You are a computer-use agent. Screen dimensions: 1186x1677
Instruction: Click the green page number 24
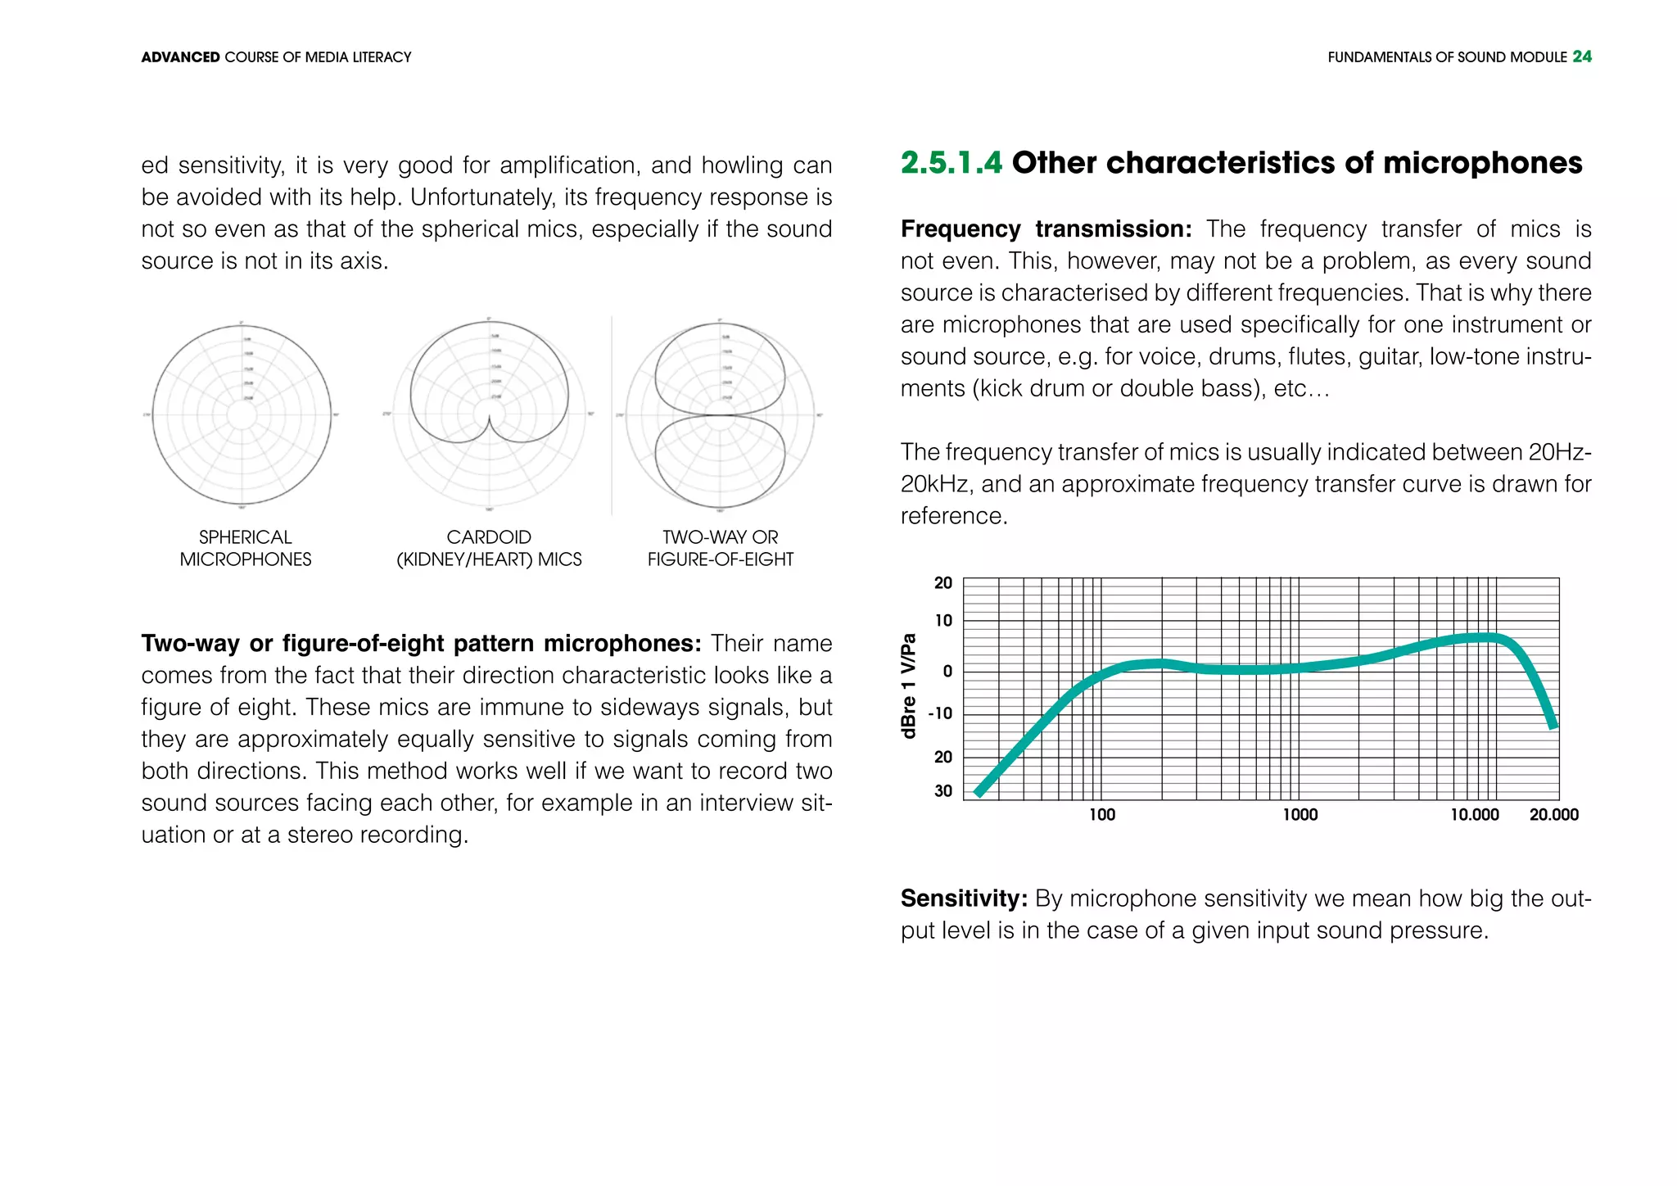click(1581, 57)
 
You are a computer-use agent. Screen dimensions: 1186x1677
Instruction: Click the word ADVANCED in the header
click(180, 57)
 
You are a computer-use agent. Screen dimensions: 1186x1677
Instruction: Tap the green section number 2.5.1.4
click(951, 163)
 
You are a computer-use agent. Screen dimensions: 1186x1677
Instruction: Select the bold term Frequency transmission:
click(1046, 229)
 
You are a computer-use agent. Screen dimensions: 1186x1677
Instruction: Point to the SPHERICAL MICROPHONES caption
click(246, 548)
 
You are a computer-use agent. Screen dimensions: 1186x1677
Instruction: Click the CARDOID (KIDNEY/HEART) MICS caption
click(489, 548)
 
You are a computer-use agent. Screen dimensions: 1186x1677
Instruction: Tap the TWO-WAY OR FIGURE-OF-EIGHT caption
click(720, 548)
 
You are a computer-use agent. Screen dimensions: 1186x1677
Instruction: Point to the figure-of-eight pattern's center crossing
click(720, 415)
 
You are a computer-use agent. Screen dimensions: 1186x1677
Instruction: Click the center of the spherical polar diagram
click(242, 415)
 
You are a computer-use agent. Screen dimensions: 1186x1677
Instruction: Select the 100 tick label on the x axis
click(1101, 815)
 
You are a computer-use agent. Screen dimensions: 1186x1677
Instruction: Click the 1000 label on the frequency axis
click(1300, 815)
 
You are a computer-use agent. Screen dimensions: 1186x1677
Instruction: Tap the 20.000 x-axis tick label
click(1553, 815)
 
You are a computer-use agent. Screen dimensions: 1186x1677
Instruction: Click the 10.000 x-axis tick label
click(1474, 815)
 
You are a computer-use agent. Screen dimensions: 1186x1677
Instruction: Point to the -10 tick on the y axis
click(940, 713)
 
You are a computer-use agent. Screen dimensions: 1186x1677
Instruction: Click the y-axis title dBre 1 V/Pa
click(908, 686)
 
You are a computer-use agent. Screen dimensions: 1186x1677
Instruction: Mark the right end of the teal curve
click(1553, 726)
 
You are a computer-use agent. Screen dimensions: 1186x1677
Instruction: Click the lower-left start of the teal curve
click(979, 793)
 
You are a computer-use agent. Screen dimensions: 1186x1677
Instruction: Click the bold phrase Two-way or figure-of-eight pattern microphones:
click(421, 644)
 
